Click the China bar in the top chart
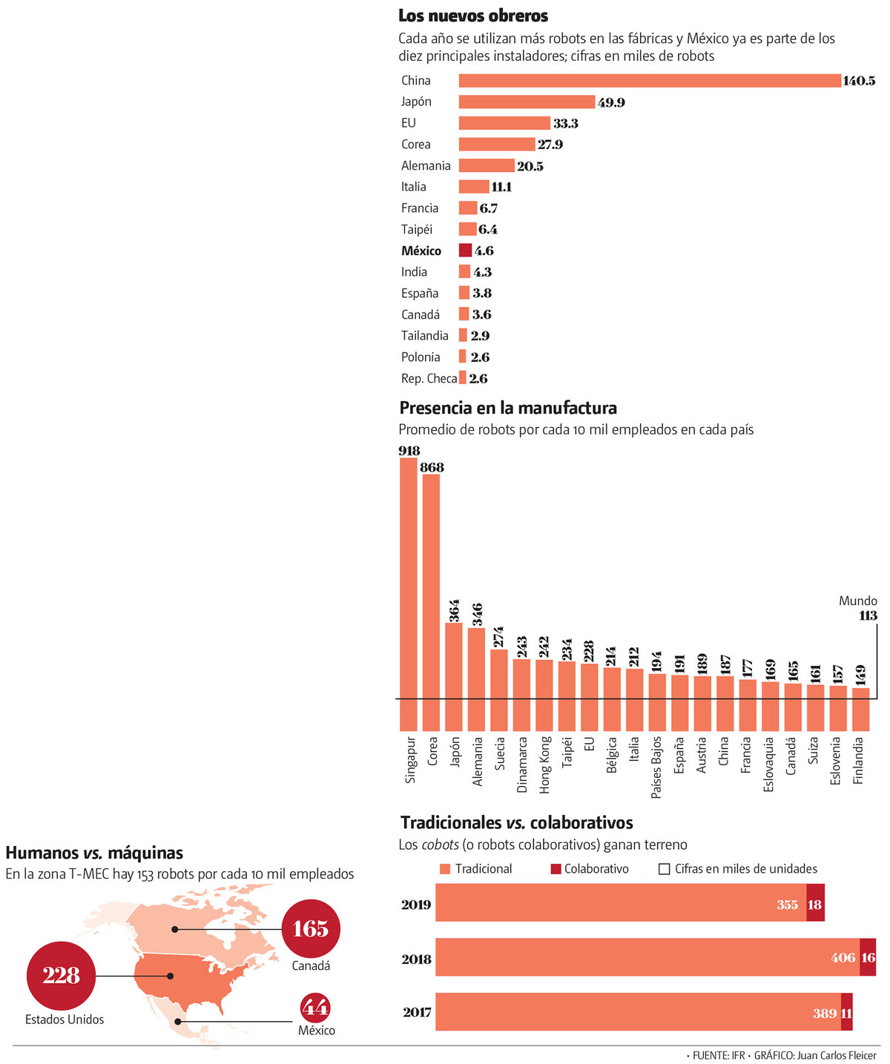[649, 81]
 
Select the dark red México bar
[465, 251]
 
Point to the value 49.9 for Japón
[611, 102]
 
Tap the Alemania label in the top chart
[426, 166]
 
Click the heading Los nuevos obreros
[473, 16]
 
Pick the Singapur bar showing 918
[409, 593]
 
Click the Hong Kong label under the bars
[545, 764]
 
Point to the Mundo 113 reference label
[859, 608]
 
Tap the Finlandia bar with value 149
[860, 709]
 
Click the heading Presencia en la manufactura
[508, 408]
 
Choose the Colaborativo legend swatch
[556, 869]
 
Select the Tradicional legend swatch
[445, 869]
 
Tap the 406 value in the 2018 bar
[843, 958]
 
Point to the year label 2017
[417, 1012]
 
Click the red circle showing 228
[61, 976]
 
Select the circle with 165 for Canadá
[311, 929]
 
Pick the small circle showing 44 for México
[315, 1008]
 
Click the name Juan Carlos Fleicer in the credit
[837, 1055]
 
